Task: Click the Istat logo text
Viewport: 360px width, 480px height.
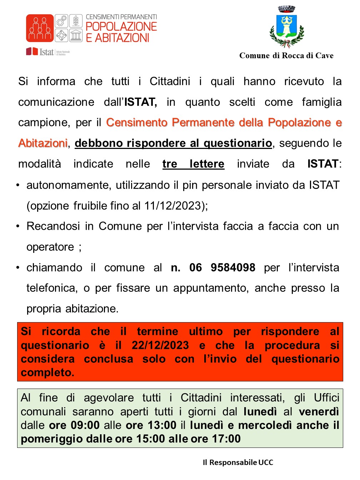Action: pos(46,52)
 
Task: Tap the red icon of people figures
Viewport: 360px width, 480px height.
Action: pos(40,28)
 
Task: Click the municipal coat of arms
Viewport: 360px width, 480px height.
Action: pos(286,27)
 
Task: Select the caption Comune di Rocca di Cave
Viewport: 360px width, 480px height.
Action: pos(286,56)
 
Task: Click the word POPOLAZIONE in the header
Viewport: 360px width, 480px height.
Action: pos(121,26)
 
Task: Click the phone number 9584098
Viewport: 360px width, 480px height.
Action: pos(233,267)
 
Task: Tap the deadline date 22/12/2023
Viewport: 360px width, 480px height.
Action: pos(160,345)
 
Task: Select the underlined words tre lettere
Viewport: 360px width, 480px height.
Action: pos(193,164)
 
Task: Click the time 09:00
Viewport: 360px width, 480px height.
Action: pos(85,425)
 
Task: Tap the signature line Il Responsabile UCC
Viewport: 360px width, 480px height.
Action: pos(238,462)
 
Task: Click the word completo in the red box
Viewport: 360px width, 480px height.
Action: pos(47,372)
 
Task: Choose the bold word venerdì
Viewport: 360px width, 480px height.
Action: pos(319,412)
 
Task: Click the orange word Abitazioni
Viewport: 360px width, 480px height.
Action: pos(43,143)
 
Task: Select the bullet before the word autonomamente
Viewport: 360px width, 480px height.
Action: pos(18,185)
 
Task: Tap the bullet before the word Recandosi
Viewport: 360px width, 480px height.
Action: pos(18,226)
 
